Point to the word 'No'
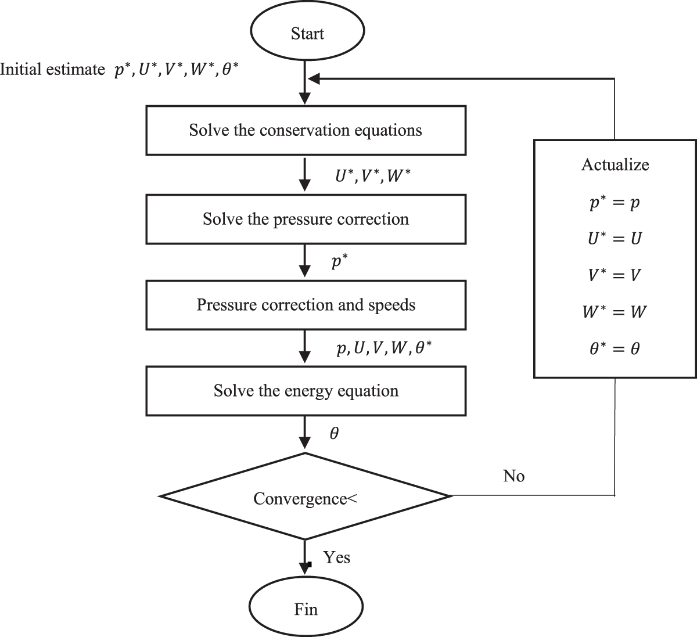pos(514,476)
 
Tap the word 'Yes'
pos(337,557)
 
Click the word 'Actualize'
pos(615,165)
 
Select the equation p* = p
pos(615,203)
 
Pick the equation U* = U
pos(615,239)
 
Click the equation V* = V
pos(615,275)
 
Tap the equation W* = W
pos(615,311)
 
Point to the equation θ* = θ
pos(615,348)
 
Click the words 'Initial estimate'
pos(52,69)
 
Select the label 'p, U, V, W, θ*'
pos(384,348)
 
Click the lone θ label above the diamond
pos(334,433)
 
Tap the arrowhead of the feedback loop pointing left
pos(314,79)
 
